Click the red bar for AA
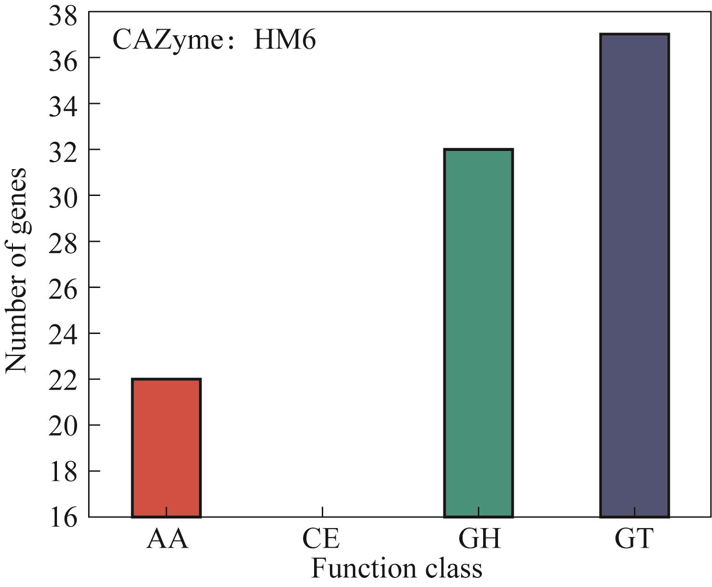coord(166,448)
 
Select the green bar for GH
coord(478,333)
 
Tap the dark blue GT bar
coord(634,276)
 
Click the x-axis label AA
coord(167,539)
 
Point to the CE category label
coord(322,539)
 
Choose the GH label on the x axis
coord(479,539)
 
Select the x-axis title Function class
coord(397,569)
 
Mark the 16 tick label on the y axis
coord(63,517)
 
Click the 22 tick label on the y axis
coord(63,380)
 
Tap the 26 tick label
coord(63,288)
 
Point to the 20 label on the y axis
coord(63,426)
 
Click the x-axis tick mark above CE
coord(322,512)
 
